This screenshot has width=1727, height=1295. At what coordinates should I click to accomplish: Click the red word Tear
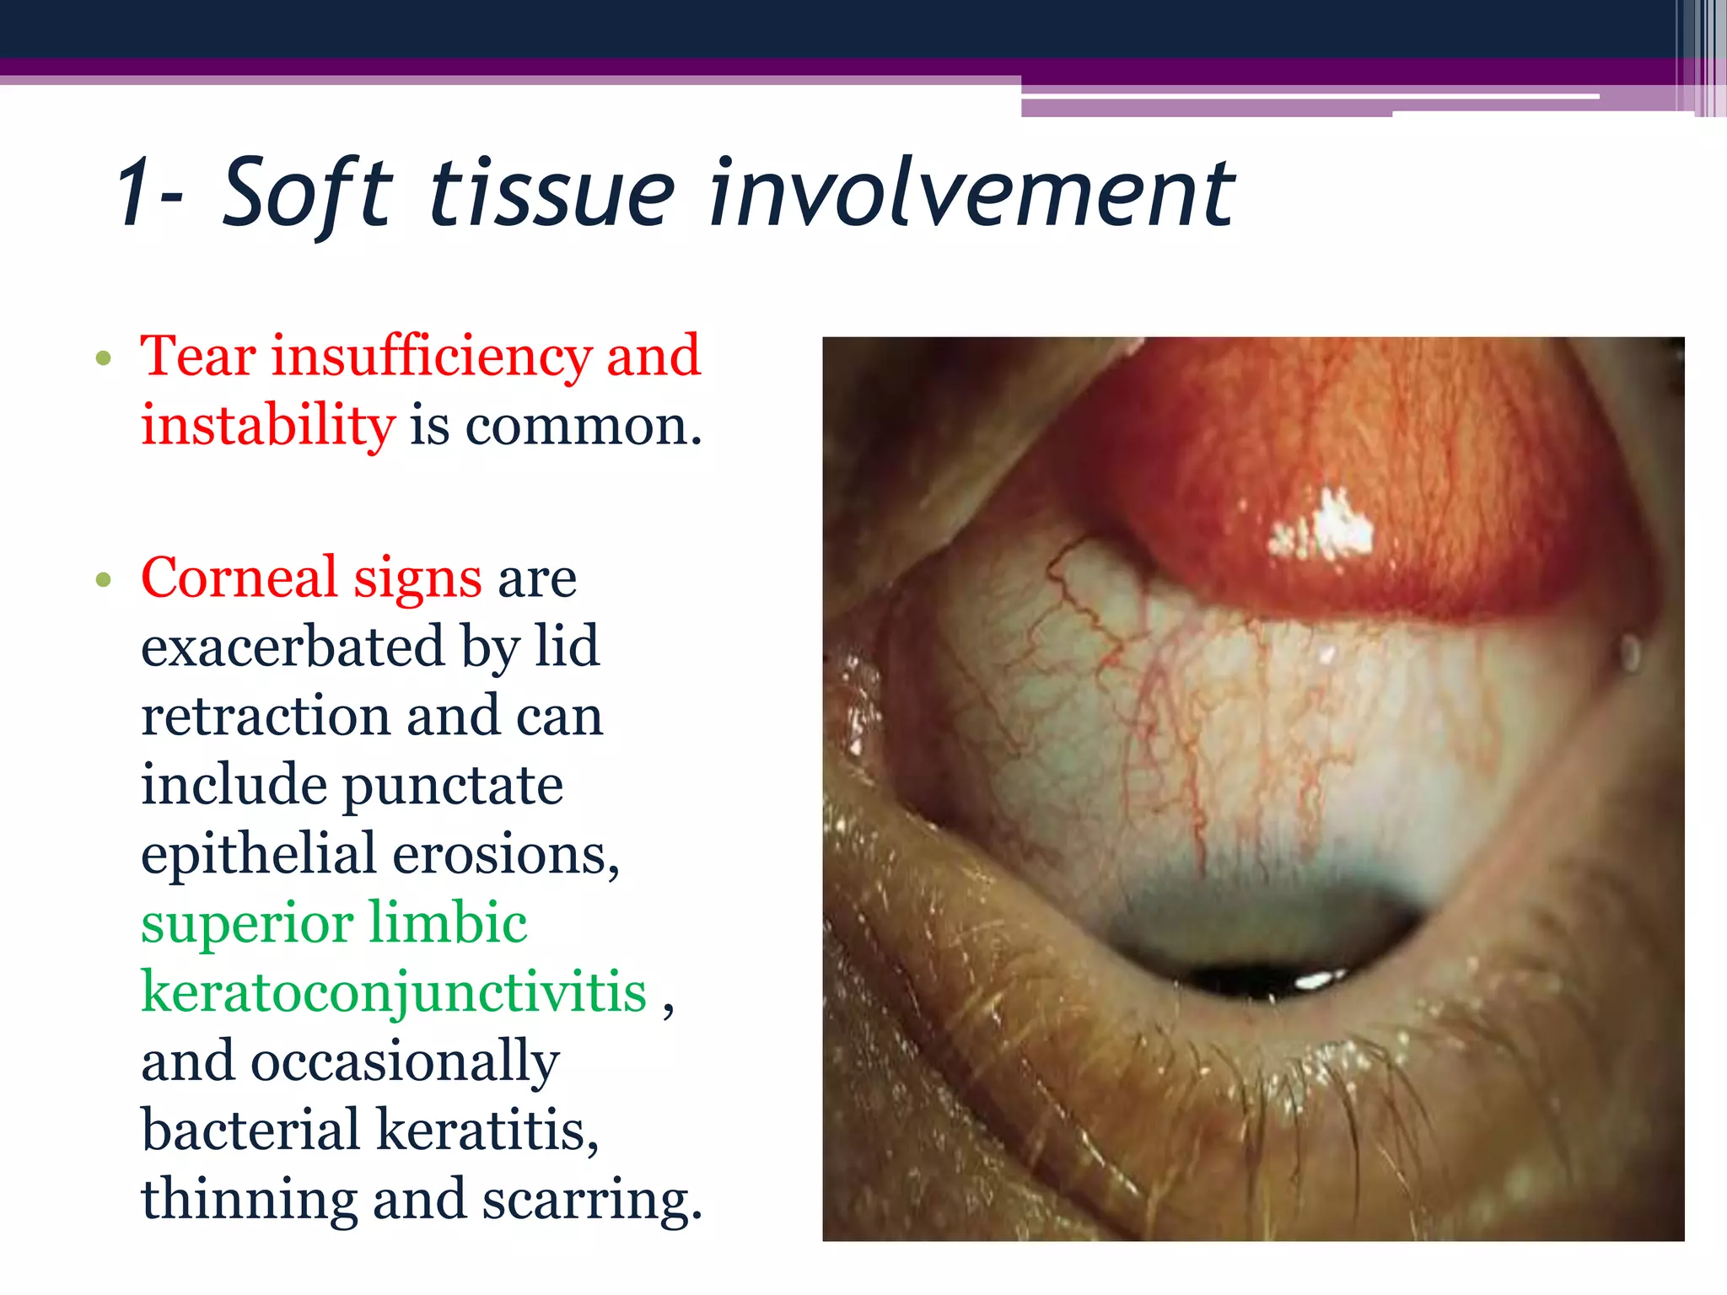198,356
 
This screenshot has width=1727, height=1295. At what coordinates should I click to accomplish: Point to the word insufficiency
430,357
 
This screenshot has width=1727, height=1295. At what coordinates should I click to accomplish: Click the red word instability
267,426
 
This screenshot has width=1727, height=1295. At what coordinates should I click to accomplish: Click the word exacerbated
292,647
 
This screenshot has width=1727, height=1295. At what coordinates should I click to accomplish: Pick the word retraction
265,717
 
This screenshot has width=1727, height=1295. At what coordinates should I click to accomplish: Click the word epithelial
258,855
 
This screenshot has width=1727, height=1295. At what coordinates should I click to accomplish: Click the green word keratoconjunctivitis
394,992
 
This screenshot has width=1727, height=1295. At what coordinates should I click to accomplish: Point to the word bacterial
250,1131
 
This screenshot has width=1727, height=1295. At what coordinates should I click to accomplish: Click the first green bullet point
104,358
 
